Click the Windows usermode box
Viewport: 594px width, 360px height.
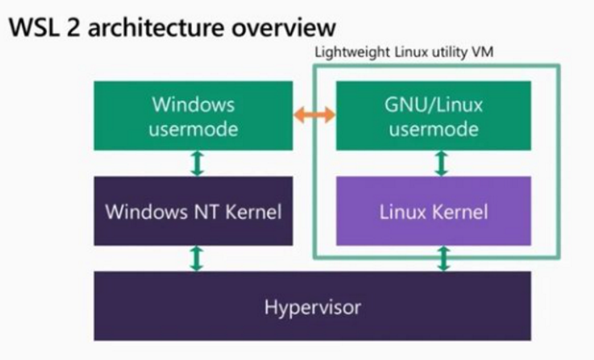(x=193, y=116)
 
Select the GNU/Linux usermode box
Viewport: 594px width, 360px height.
(x=434, y=116)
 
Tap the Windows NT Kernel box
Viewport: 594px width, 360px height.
(x=193, y=211)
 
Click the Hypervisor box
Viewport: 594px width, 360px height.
(x=311, y=307)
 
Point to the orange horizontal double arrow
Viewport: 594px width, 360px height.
(x=315, y=116)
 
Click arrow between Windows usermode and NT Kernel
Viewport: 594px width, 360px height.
(x=197, y=164)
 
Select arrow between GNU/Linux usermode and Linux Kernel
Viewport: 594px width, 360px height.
(x=440, y=164)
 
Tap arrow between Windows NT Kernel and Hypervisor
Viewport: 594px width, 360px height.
(x=197, y=258)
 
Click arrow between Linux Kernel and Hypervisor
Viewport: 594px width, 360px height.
(x=442, y=258)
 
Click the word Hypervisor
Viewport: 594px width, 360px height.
(x=311, y=307)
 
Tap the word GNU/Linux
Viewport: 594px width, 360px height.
(x=434, y=104)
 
